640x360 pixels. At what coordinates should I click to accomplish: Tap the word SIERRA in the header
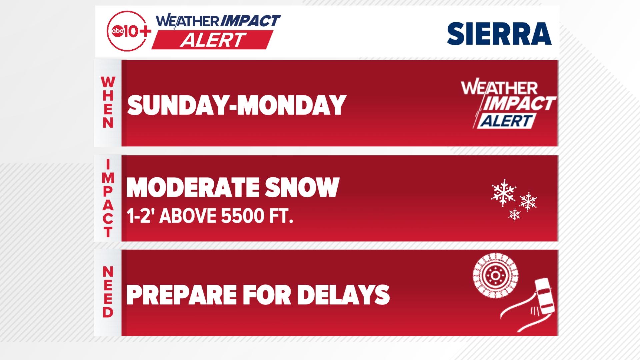pos(499,34)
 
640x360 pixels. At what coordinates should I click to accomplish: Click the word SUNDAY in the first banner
pos(180,105)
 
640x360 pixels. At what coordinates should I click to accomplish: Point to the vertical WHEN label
pos(108,102)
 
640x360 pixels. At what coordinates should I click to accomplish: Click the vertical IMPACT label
pos(108,198)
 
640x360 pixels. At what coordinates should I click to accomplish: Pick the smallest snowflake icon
pos(515,214)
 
